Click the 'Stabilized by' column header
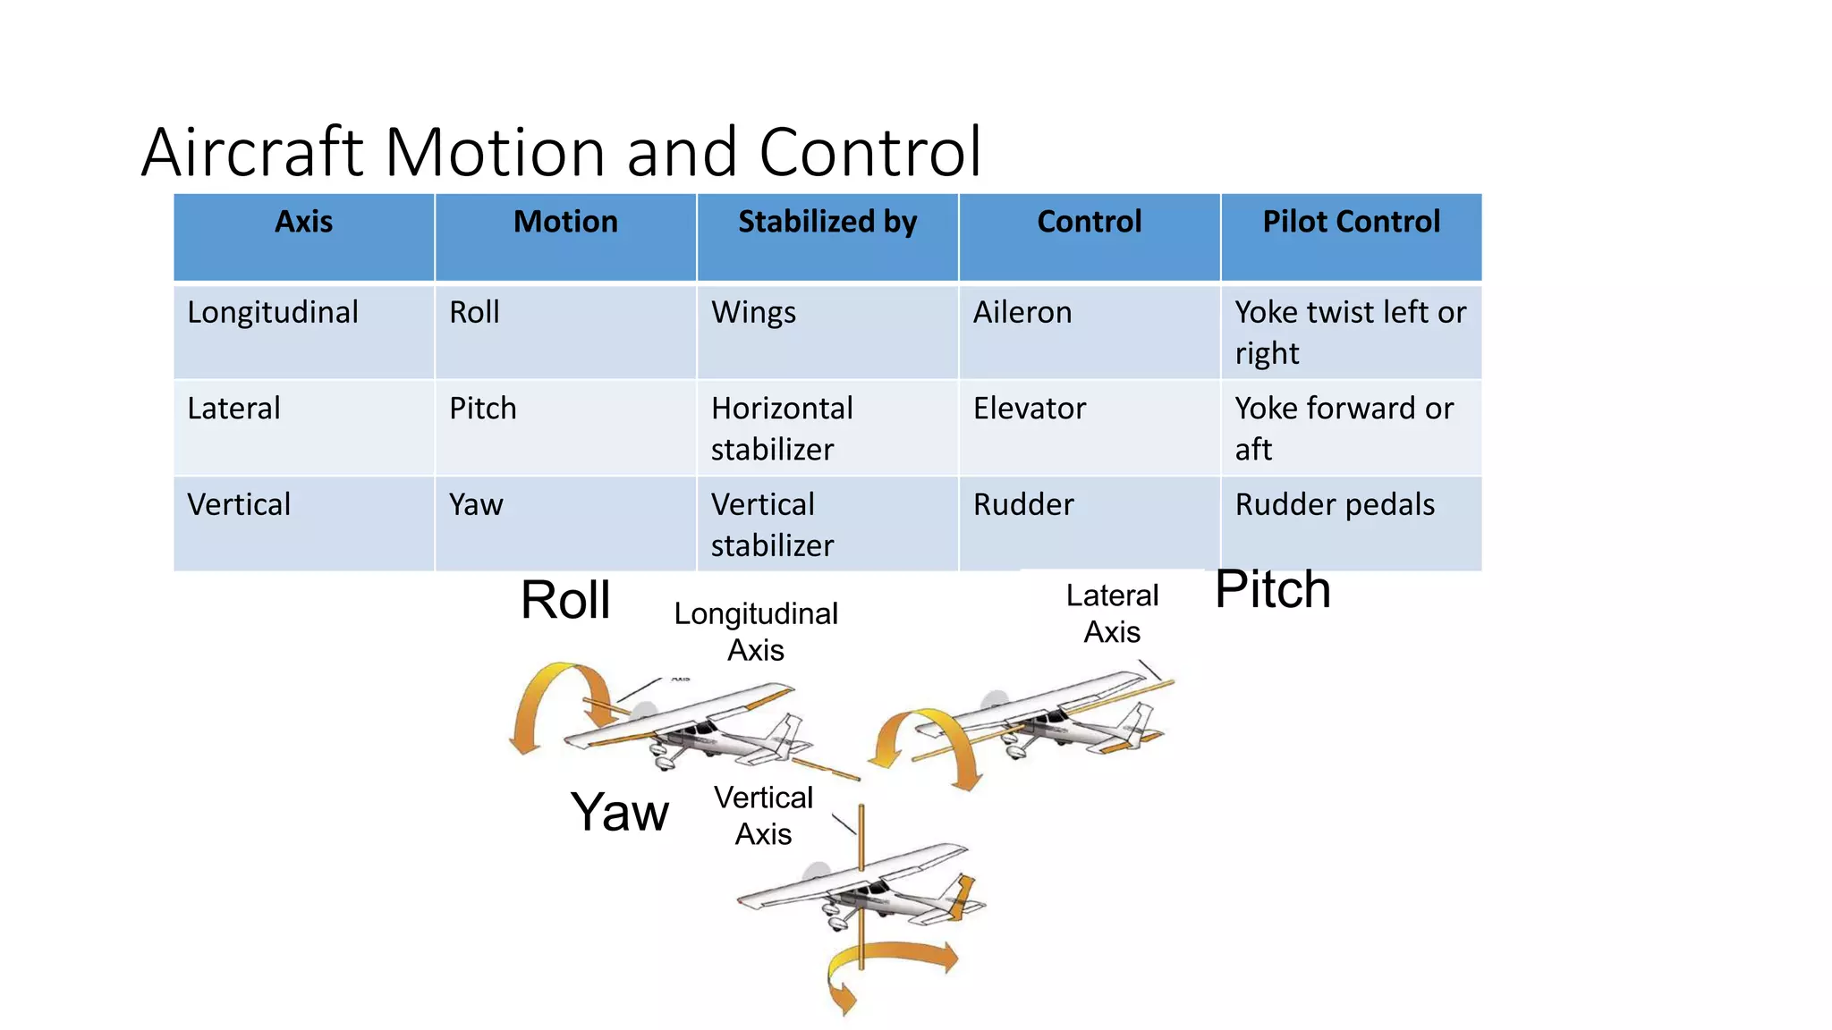pos(827,222)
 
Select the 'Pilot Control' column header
pos(1351,222)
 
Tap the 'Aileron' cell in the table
pos(1022,312)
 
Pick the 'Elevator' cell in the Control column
pos(1030,409)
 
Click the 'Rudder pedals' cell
pos(1335,504)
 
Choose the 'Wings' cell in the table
pos(753,312)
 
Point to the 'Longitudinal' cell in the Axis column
pos(273,312)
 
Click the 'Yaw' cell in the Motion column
pos(476,504)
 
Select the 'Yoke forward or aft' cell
pos(1344,428)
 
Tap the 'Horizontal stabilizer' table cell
pos(782,428)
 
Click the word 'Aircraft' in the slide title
pos(252,152)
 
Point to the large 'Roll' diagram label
pos(565,600)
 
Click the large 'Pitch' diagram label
pos(1273,590)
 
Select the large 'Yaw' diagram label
pos(620,812)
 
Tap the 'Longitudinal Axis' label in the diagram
pos(756,631)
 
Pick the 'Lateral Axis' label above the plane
pos(1112,613)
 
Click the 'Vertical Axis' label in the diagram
pos(763,815)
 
